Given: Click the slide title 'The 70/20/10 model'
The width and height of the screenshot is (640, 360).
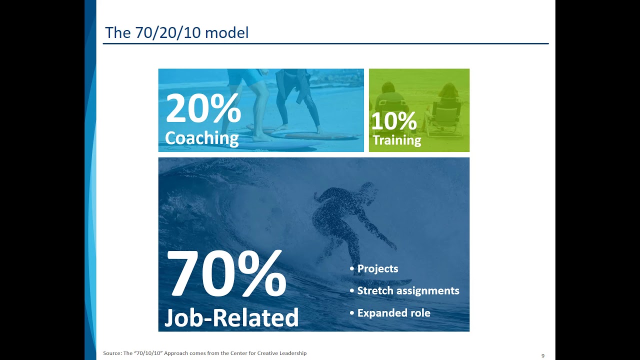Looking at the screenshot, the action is [x=177, y=32].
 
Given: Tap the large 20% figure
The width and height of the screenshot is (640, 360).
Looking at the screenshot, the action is [x=203, y=108].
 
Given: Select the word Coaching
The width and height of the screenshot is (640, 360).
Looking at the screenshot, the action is [x=201, y=138].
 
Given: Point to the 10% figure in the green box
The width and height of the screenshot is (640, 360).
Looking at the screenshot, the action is [x=394, y=121].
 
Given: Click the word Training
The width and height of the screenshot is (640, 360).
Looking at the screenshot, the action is [x=397, y=140].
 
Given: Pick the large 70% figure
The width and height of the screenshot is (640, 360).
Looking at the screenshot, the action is [x=226, y=273].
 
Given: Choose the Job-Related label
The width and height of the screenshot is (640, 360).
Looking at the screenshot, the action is [x=231, y=317].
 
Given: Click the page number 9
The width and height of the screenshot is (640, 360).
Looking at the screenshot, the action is [x=543, y=355].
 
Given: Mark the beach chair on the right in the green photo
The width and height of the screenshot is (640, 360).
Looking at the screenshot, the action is [x=445, y=117].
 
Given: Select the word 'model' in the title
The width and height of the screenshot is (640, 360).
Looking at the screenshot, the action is [x=227, y=32].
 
